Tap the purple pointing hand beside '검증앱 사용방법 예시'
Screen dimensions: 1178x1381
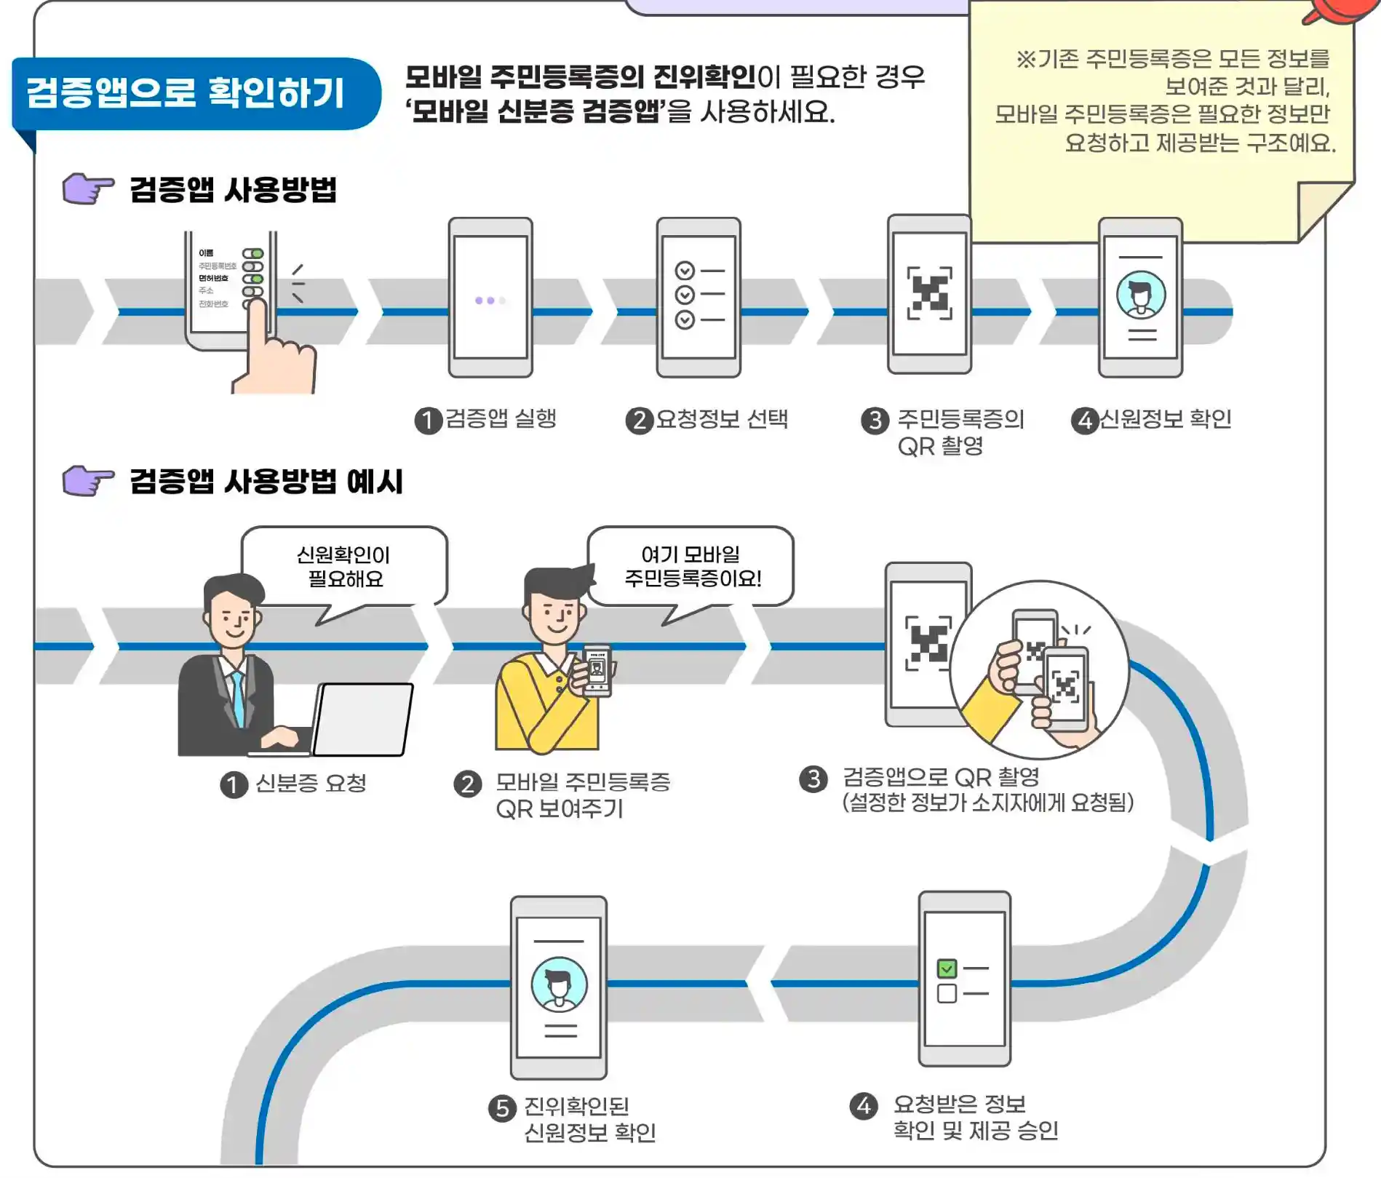(x=87, y=480)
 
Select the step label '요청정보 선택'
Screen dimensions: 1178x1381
(x=721, y=419)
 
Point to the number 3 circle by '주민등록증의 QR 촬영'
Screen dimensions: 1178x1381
(x=874, y=420)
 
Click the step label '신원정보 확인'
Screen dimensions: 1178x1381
(x=1165, y=419)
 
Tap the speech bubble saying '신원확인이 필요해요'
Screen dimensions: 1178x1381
(x=343, y=567)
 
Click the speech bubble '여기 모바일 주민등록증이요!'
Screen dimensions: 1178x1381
(x=691, y=567)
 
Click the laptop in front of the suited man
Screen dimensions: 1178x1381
(x=363, y=719)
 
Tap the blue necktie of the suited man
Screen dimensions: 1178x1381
(x=238, y=699)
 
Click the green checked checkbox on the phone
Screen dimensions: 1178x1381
(x=947, y=968)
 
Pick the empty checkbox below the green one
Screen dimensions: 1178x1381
(x=947, y=993)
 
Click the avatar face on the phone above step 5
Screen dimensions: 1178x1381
(x=559, y=984)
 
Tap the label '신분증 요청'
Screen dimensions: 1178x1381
(x=311, y=784)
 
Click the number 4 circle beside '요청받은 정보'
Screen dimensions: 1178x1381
(x=864, y=1106)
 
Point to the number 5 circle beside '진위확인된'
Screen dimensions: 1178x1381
(x=502, y=1108)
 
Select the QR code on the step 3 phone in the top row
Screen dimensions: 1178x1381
(x=929, y=293)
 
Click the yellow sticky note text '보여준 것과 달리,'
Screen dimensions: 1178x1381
(x=1247, y=87)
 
